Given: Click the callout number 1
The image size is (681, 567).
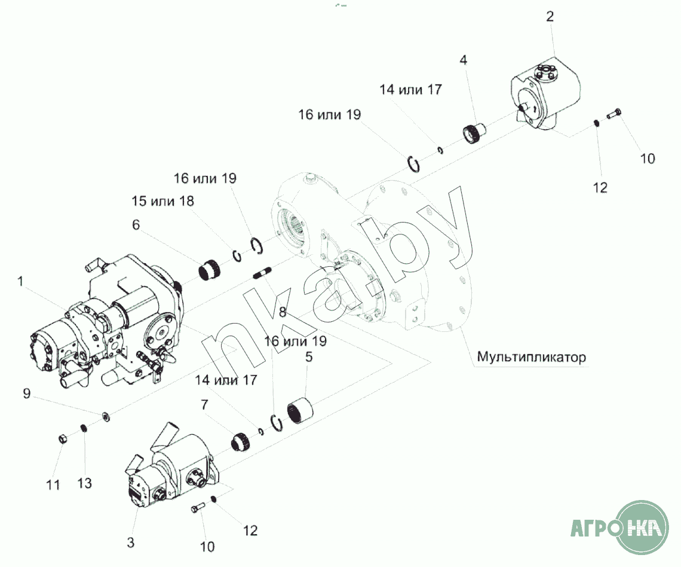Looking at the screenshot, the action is click(20, 282).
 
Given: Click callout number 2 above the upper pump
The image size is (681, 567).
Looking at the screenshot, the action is click(550, 17).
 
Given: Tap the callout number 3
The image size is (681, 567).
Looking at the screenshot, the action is click(131, 542).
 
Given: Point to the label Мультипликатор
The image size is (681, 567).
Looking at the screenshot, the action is click(531, 357).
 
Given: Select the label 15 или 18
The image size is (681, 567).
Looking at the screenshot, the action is click(163, 201).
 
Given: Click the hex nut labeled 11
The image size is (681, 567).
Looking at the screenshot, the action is click(63, 438).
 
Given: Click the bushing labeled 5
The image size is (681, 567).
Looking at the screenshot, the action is click(300, 411).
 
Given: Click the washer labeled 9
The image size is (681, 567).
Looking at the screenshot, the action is click(105, 417).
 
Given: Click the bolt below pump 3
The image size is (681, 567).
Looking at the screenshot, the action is click(198, 507).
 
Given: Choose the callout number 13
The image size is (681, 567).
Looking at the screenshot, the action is click(84, 483).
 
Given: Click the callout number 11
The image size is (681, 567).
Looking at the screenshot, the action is click(53, 485).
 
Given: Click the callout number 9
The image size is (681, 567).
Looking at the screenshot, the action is click(26, 394).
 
